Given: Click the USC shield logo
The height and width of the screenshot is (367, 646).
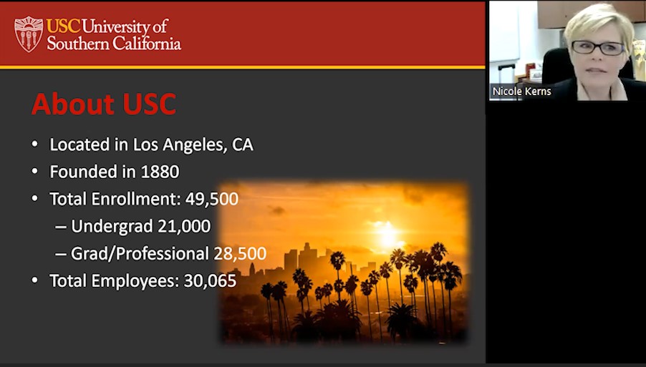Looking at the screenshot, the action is (29, 34).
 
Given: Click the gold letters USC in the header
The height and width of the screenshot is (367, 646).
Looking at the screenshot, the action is (64, 26).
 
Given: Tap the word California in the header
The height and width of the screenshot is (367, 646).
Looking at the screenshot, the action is (147, 43).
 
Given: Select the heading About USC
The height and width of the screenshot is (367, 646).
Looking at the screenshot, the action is (104, 104).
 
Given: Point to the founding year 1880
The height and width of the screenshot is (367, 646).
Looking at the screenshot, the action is (160, 172).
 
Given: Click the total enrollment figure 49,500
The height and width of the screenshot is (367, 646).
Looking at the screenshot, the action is (212, 199).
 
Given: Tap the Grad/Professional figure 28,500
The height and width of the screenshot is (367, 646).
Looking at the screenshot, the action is (240, 253).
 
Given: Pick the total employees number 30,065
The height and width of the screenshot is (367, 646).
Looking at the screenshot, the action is (210, 280).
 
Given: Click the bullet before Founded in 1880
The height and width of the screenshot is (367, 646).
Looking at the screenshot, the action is (34, 172).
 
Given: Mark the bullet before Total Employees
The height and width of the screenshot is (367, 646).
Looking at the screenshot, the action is (34, 280).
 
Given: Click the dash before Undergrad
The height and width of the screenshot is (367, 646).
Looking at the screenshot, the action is (61, 227).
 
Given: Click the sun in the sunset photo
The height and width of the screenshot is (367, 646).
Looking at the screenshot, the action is (387, 235).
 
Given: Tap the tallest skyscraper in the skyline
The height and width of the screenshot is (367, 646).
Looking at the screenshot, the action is (308, 257).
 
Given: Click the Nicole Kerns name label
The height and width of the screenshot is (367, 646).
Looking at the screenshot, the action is (521, 92).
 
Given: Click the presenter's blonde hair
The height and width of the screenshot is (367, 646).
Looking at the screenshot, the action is (599, 23).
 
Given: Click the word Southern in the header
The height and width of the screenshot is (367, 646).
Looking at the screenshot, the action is (78, 43).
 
